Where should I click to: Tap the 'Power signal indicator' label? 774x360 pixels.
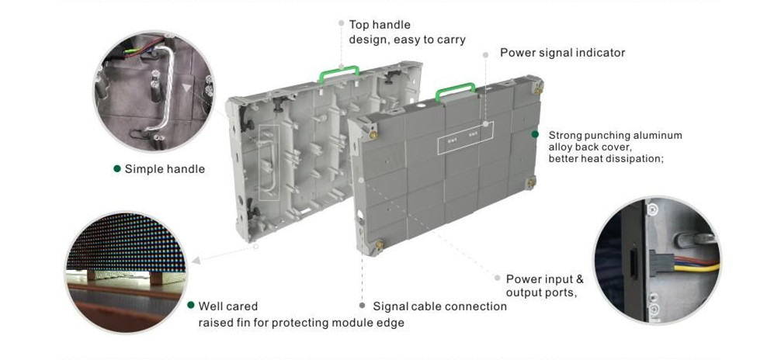562,53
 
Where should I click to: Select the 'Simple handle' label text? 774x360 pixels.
165,169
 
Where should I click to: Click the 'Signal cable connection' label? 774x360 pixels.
439,306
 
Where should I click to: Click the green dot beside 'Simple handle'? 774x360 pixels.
117,168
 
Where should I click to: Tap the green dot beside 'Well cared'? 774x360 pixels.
191,305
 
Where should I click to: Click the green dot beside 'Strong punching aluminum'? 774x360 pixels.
535,134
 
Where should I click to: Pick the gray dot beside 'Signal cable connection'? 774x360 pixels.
363,306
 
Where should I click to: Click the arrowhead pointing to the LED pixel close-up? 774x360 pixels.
196,261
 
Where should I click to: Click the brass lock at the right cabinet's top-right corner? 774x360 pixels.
537,90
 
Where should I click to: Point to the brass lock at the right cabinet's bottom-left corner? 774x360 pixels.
379,244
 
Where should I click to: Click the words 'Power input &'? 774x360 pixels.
544,279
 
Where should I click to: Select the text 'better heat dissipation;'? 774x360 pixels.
606,159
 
